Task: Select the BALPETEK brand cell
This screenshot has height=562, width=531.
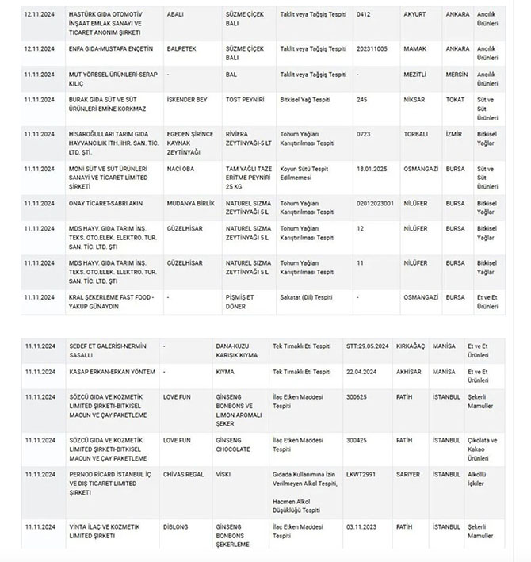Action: (x=182, y=48)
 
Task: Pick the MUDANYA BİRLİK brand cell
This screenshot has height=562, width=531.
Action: (x=190, y=204)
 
